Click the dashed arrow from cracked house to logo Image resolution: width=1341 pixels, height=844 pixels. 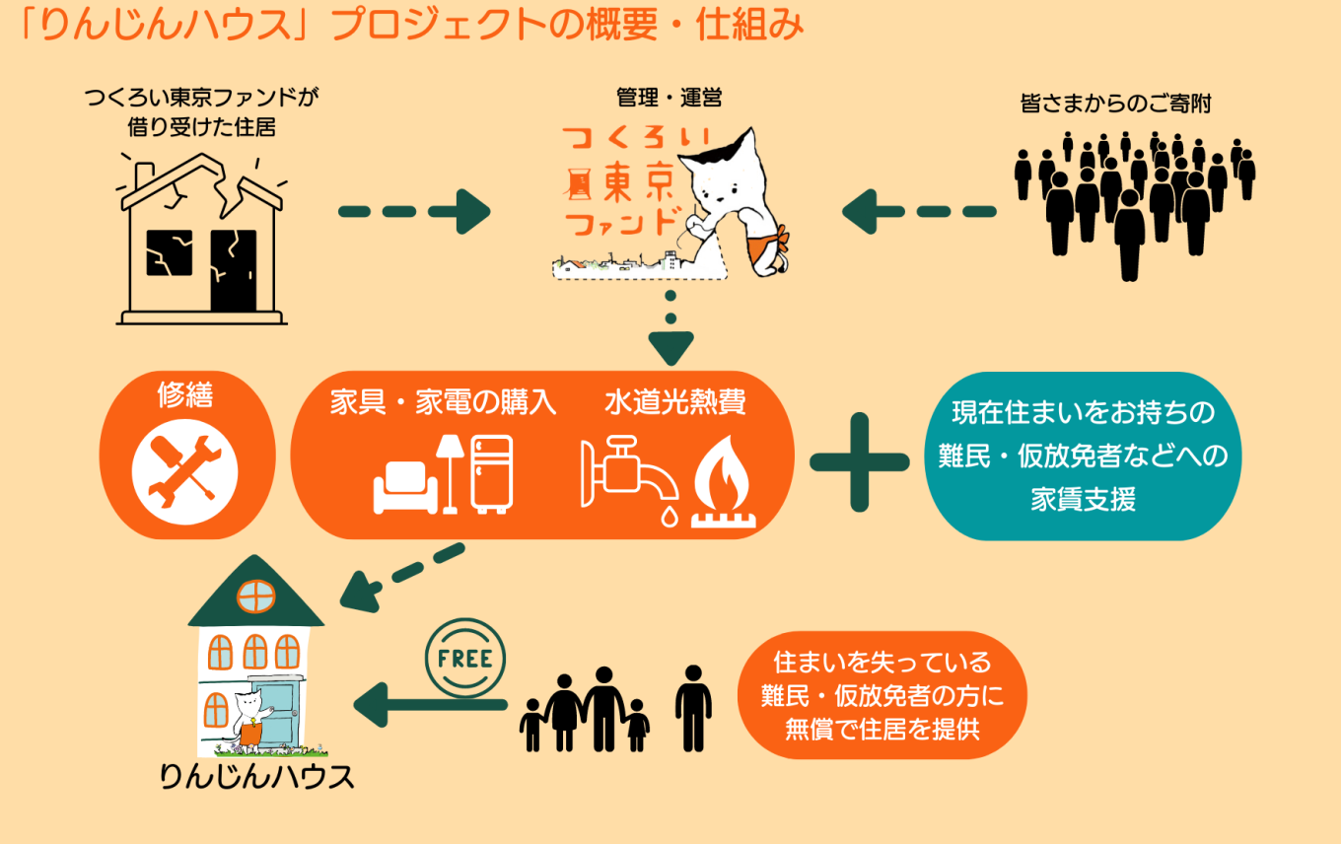(x=414, y=210)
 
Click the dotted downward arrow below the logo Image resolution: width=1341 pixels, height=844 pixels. (x=671, y=330)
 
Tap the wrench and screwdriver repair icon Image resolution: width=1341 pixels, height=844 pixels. (x=184, y=478)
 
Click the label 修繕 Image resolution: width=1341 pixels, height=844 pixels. (x=185, y=395)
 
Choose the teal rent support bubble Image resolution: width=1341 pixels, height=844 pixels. (x=1083, y=456)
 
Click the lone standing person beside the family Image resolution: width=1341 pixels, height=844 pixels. (x=693, y=708)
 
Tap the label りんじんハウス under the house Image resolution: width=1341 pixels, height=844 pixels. (x=257, y=776)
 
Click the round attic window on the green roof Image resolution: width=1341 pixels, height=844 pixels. (x=255, y=597)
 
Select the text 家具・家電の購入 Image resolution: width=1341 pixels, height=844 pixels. (x=444, y=403)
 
